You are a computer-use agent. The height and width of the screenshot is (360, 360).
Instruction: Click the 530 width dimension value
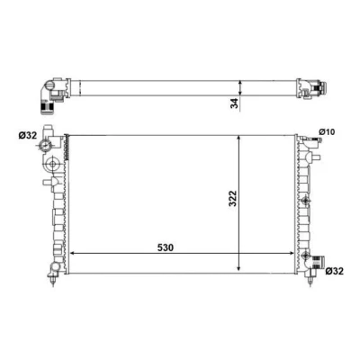point(166,247)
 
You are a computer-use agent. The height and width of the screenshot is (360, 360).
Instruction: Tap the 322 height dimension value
point(233,199)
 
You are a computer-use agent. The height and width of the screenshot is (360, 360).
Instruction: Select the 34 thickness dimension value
point(235,103)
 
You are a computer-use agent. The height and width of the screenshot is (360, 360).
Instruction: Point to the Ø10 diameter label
point(327,131)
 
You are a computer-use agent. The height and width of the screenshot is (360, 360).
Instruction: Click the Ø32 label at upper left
point(28,136)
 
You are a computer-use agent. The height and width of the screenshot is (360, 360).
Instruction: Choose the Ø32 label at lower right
point(334,271)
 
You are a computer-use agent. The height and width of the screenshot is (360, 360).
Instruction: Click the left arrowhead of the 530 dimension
point(71,254)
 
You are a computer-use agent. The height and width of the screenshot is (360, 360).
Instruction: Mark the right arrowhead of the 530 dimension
point(292,254)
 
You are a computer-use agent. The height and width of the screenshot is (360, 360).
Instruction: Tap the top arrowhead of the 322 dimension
point(238,138)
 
